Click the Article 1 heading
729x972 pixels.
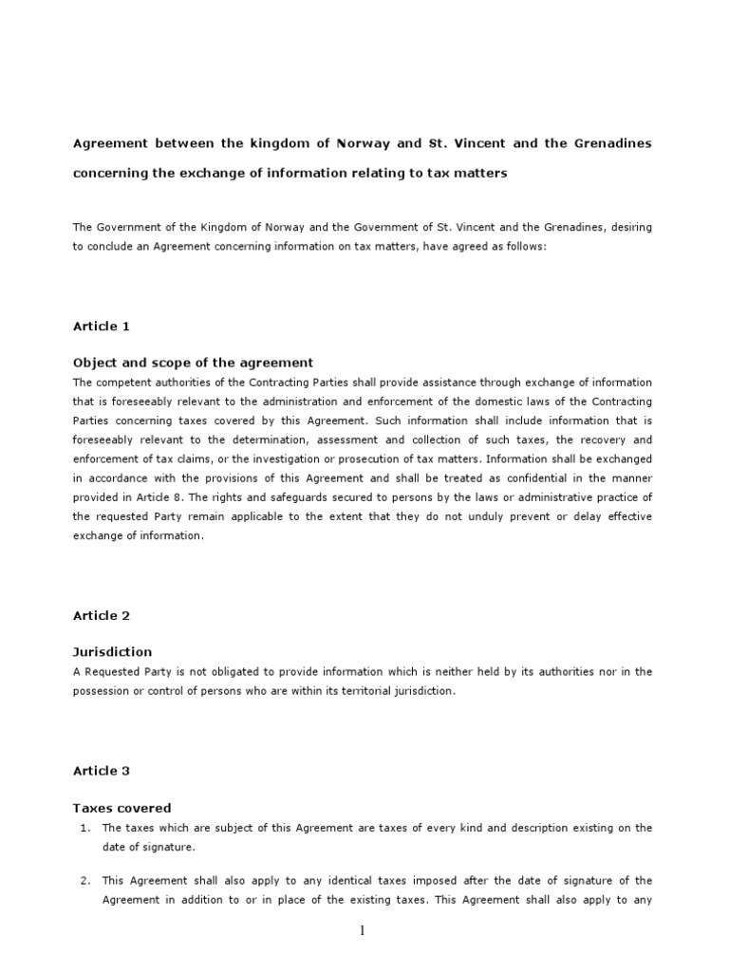click(102, 327)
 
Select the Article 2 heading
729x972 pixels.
click(102, 616)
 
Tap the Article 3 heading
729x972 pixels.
click(102, 771)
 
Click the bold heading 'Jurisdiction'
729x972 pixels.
click(112, 652)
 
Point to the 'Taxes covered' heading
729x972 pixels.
click(121, 808)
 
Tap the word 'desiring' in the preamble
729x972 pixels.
click(626, 228)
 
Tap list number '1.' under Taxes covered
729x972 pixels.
click(84, 828)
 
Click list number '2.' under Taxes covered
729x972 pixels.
click(84, 881)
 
